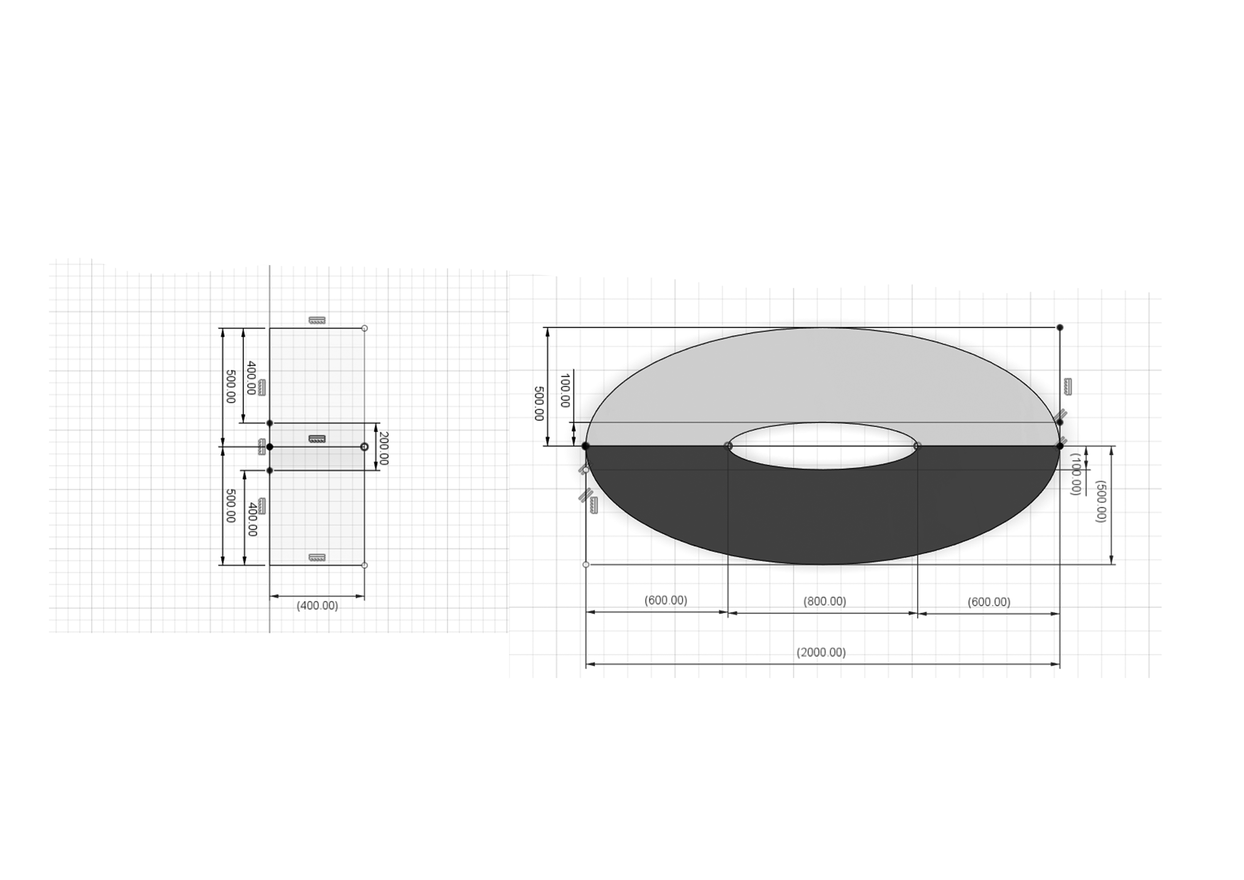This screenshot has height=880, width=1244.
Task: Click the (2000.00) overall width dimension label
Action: [821, 653]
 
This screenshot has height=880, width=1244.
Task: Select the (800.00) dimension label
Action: [824, 601]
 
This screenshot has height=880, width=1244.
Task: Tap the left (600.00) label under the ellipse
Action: [665, 600]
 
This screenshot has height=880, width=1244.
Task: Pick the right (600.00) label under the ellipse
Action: [989, 602]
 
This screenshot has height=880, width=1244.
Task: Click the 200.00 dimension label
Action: [383, 448]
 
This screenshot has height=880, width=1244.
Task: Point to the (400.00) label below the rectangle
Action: [317, 605]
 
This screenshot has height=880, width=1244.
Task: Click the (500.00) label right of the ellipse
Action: [1100, 501]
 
